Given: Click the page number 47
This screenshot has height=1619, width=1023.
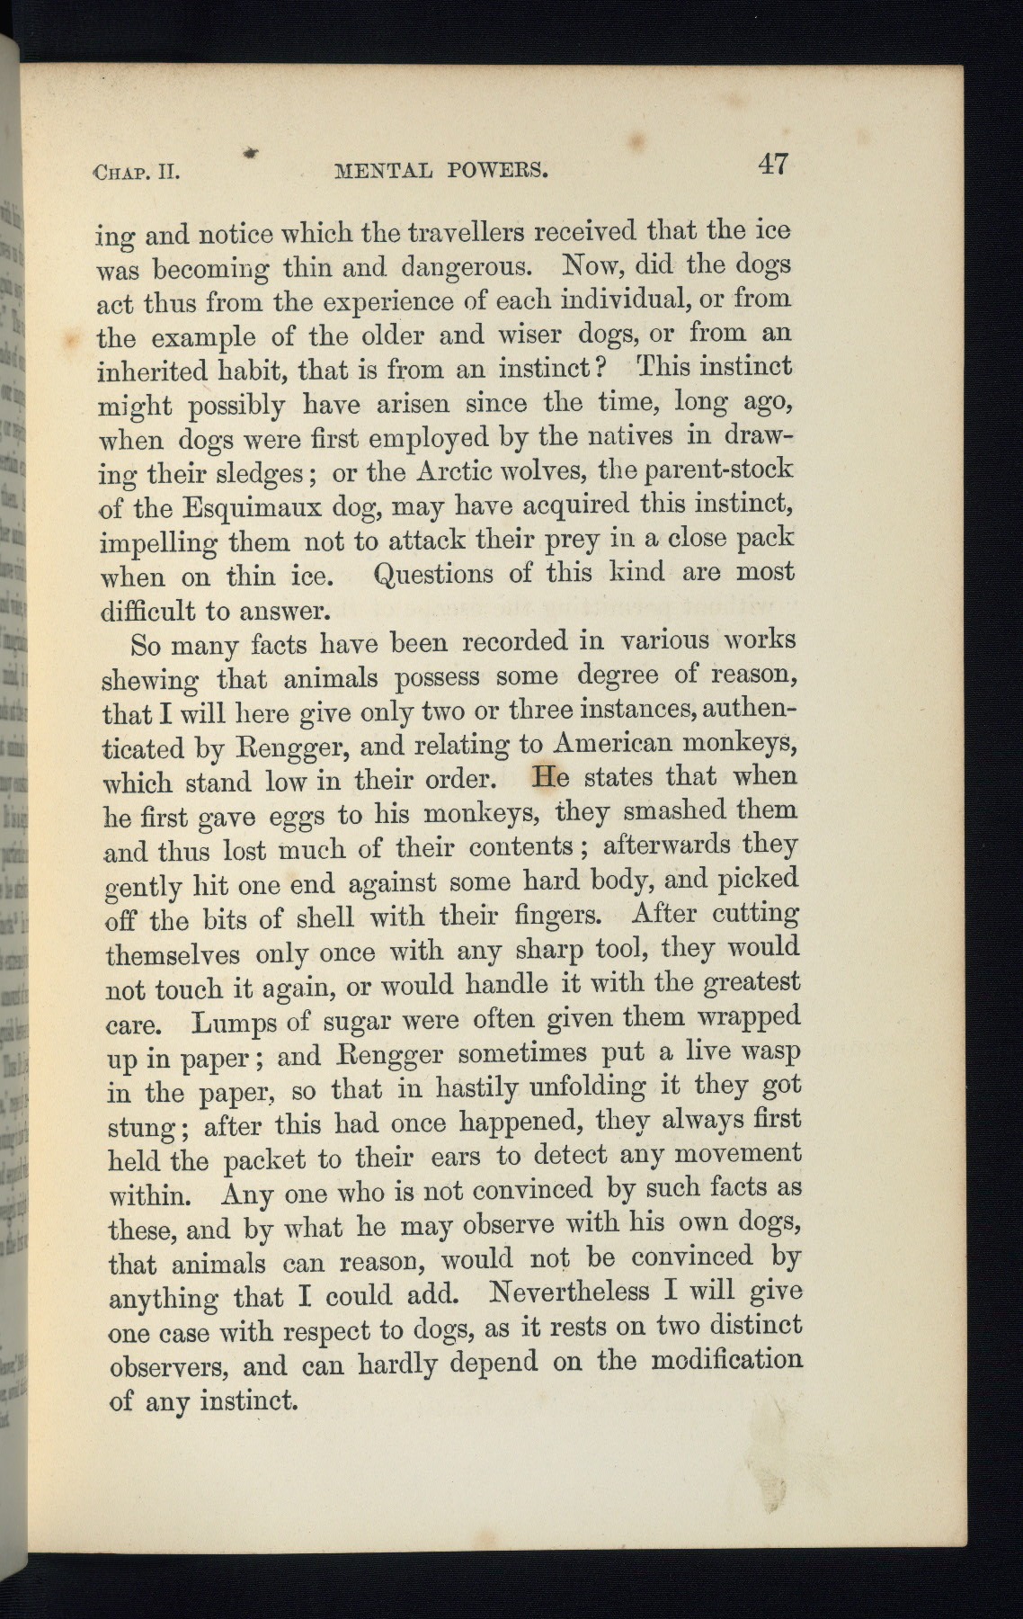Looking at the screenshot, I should click(773, 165).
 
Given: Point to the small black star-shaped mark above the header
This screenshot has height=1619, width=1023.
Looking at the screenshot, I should click(253, 154).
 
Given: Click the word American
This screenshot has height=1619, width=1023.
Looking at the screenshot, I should click(613, 744).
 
